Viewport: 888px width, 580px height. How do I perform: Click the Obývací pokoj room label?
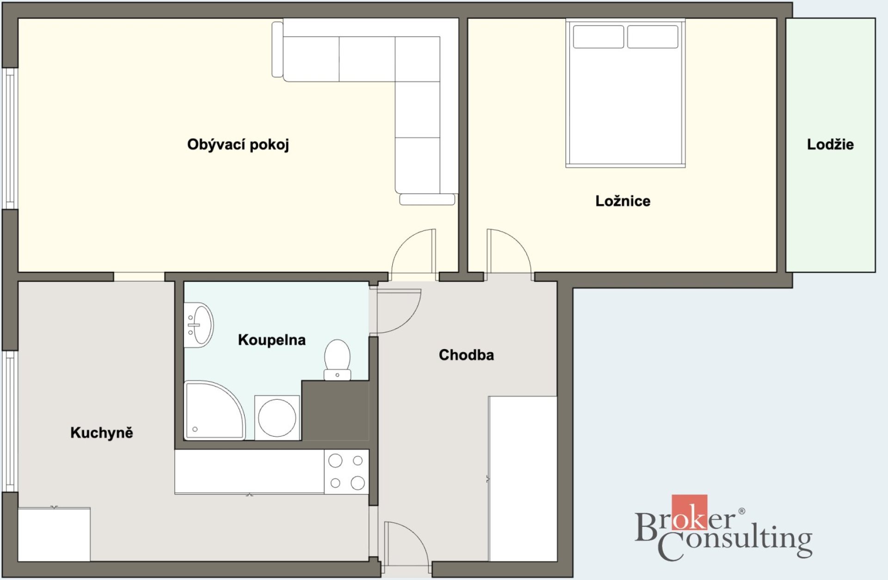(238, 145)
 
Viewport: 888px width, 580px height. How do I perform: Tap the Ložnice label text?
(623, 201)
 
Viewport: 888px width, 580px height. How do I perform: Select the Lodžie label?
(830, 144)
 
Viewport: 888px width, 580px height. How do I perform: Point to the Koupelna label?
(271, 340)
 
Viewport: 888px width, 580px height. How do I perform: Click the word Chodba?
(466, 355)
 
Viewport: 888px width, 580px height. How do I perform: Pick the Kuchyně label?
(102, 432)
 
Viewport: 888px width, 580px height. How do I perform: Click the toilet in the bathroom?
(337, 360)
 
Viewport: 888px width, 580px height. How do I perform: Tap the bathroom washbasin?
(198, 324)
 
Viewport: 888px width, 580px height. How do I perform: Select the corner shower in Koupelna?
(214, 410)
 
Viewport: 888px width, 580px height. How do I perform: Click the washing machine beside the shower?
(277, 418)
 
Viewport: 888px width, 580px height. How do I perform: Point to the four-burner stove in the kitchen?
(346, 472)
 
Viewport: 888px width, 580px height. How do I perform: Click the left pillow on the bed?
(598, 37)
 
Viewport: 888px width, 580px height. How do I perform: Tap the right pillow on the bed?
(653, 37)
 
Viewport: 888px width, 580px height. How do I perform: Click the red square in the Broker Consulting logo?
(689, 512)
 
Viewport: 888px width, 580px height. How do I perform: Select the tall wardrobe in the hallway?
(523, 479)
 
